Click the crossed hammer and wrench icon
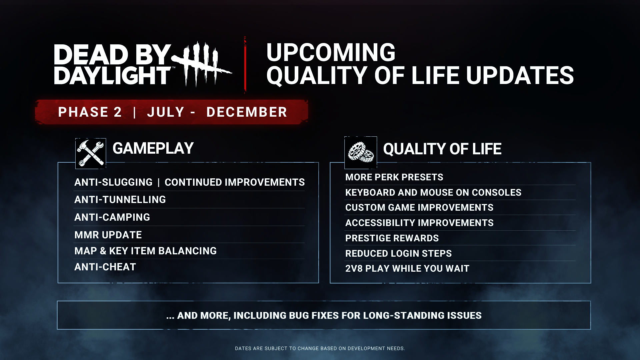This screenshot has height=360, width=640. pyautogui.click(x=91, y=153)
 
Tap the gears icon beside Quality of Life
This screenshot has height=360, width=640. pyautogui.click(x=361, y=153)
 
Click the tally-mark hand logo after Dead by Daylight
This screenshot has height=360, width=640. pyautogui.click(x=202, y=64)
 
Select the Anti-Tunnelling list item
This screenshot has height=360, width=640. pyautogui.click(x=120, y=200)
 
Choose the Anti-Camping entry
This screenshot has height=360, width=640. pyautogui.click(x=112, y=217)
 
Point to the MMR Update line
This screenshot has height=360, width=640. pyautogui.click(x=108, y=235)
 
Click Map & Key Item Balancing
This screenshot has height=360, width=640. pyautogui.click(x=145, y=251)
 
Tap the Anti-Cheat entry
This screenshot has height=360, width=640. pyautogui.click(x=105, y=267)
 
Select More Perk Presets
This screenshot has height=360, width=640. pyautogui.click(x=394, y=177)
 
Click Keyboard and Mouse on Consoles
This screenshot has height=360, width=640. pyautogui.click(x=433, y=193)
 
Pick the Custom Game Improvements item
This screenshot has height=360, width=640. pyautogui.click(x=419, y=208)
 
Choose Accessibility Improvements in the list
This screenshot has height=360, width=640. pyautogui.click(x=419, y=223)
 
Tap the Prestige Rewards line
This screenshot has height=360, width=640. pyautogui.click(x=392, y=238)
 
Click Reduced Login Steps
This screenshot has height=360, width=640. pyautogui.click(x=398, y=254)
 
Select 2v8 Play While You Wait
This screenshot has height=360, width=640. pyautogui.click(x=407, y=269)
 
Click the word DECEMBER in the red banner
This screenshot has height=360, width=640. pyautogui.click(x=247, y=112)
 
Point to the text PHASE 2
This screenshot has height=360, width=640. pyautogui.click(x=90, y=112)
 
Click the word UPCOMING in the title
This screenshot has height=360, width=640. pyautogui.click(x=331, y=52)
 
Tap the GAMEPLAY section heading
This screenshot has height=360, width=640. pyautogui.click(x=153, y=148)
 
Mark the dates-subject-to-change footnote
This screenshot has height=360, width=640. pyautogui.click(x=320, y=348)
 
